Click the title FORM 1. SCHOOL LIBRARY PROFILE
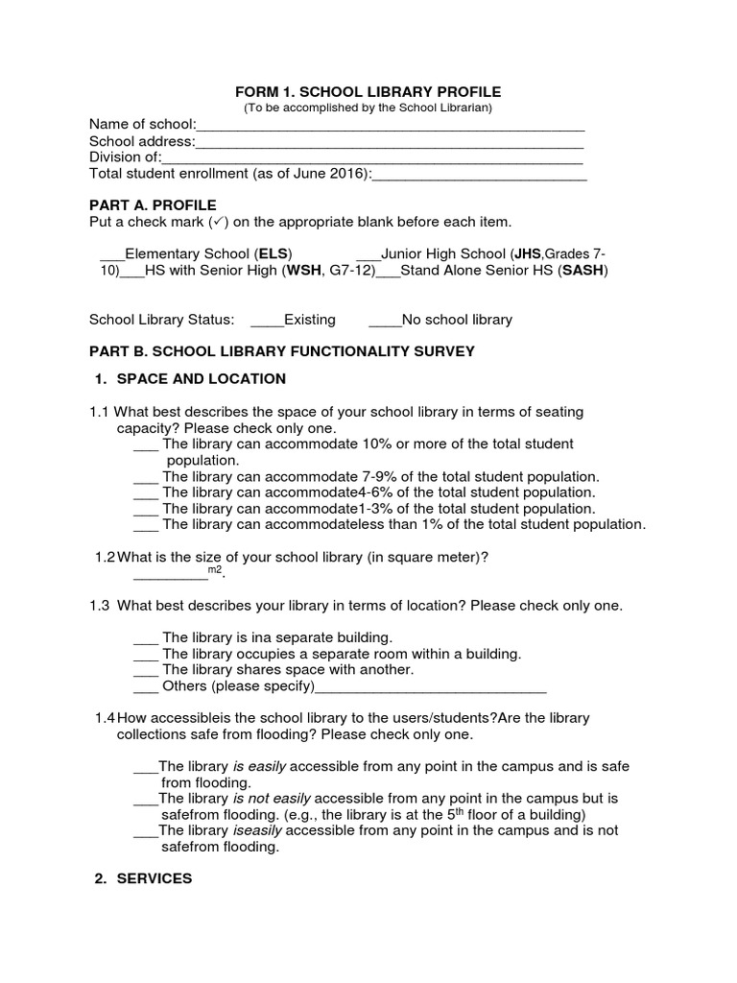[x=368, y=91]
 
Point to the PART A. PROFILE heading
[x=153, y=205]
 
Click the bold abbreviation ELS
[x=273, y=254]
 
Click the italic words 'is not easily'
[x=272, y=798]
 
